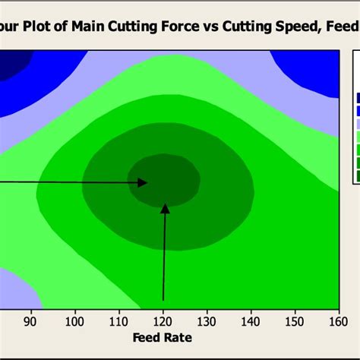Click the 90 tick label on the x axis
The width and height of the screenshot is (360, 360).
pos(31,321)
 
